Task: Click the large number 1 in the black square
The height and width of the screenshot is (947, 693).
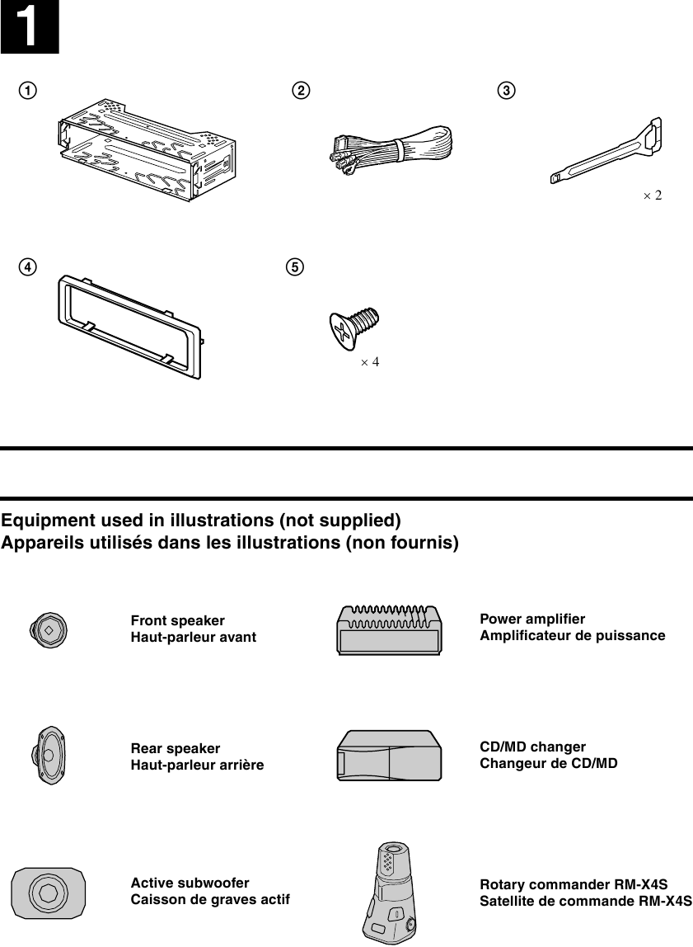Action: tap(29, 27)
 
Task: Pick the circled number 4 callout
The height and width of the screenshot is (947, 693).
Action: tap(29, 267)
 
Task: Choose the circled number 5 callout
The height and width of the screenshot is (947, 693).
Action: tap(294, 267)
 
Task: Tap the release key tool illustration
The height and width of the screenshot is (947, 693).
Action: tap(610, 153)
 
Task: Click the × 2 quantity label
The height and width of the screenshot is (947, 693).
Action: tap(652, 196)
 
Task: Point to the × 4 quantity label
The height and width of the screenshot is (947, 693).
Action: tap(369, 362)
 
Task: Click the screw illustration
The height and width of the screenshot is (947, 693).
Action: tap(353, 328)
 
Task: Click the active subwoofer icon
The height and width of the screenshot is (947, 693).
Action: tap(48, 892)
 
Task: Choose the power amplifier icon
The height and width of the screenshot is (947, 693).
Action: tap(389, 629)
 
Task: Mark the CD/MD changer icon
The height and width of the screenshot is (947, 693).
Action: tap(389, 755)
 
